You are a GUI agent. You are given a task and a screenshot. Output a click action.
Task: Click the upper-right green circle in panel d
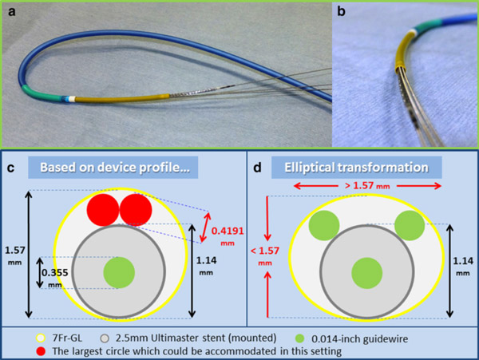[409, 226]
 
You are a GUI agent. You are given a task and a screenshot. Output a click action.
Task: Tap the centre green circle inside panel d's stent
[366, 273]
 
